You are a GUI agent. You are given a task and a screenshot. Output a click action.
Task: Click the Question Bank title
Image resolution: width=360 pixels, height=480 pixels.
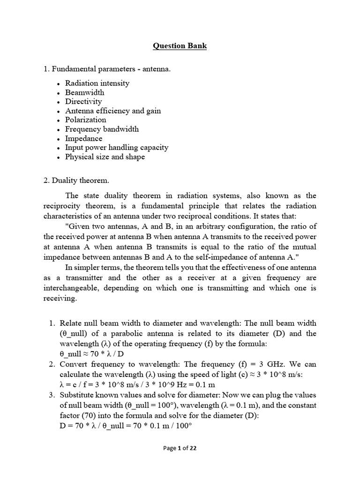point(180,46)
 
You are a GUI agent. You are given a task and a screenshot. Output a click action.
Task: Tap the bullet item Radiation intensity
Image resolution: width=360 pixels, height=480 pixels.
point(97,83)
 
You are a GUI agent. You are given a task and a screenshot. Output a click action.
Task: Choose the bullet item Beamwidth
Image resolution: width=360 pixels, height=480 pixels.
point(84,92)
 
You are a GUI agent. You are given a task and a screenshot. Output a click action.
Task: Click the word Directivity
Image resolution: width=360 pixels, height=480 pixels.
point(83,101)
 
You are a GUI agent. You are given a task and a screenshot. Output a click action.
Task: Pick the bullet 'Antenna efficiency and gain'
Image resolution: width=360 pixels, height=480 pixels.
point(112,111)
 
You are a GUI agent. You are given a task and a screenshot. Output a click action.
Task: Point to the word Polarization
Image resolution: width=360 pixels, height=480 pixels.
point(85,120)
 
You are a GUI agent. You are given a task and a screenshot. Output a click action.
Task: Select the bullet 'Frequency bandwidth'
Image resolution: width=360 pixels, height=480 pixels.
point(102,129)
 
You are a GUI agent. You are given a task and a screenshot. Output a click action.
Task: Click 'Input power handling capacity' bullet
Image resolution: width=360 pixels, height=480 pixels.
point(116,147)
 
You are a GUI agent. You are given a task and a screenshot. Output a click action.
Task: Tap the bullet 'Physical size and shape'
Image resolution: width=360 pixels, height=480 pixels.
point(105,157)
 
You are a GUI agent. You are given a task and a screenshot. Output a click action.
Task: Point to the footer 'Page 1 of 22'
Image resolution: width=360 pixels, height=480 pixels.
point(180,448)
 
